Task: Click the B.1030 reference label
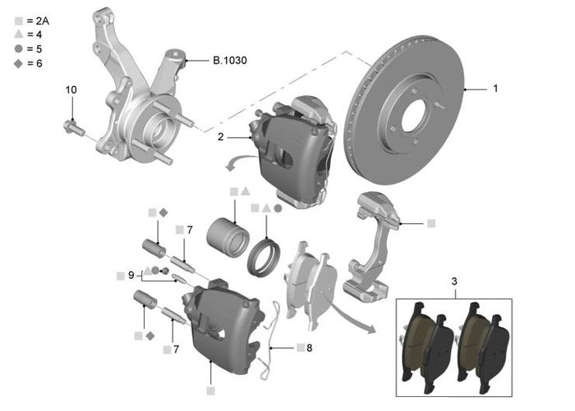pos(229,61)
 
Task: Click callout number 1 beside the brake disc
pos(495,89)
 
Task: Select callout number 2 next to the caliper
pos(220,137)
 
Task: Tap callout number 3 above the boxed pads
pos(454,281)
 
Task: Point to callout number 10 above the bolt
pos(71,89)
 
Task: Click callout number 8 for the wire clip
pos(310,348)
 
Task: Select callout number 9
pos(131,275)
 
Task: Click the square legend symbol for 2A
pos(19,21)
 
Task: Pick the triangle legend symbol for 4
pos(19,34)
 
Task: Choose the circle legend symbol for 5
pos(19,48)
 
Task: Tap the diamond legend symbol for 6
pos(19,63)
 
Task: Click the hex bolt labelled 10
pos(74,129)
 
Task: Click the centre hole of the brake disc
pos(413,115)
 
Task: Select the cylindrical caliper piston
pos(228,237)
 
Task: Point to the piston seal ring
pos(264,257)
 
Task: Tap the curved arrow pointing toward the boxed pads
pos(353,317)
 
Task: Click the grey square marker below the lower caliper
pos(210,391)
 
